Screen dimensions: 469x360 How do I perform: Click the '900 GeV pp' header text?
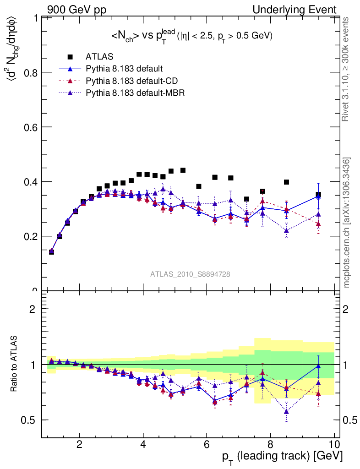pyautogui.click(x=76, y=10)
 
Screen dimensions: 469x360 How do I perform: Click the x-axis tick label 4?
pyautogui.click(x=143, y=444)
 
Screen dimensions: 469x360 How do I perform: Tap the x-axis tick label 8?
pyautogui.click(x=270, y=444)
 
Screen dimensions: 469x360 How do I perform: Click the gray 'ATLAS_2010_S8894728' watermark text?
pyautogui.click(x=190, y=274)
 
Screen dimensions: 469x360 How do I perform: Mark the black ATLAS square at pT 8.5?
pyautogui.click(x=286, y=182)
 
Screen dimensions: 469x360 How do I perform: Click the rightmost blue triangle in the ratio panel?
pyautogui.click(x=318, y=365)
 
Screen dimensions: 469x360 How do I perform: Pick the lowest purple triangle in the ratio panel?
pyautogui.click(x=286, y=411)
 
